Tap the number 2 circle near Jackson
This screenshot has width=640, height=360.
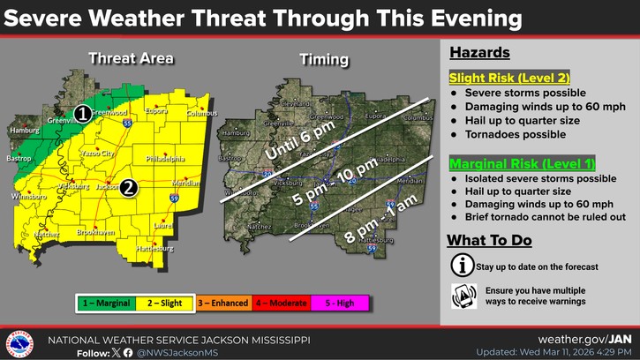pyautogui.click(x=129, y=187)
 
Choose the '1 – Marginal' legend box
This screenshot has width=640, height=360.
pyautogui.click(x=107, y=304)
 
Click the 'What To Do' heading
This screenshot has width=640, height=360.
pyautogui.click(x=488, y=240)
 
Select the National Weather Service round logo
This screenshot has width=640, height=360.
pyautogui.click(x=19, y=343)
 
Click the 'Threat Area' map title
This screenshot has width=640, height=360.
pyautogui.click(x=131, y=59)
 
